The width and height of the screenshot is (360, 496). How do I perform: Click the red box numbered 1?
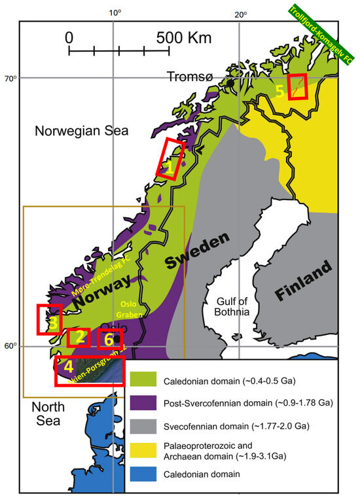[x=171, y=158]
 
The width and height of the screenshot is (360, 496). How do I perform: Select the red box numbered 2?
[x=79, y=338]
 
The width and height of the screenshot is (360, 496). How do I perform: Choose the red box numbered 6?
[x=109, y=340]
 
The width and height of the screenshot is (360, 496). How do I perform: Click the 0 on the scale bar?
[x=70, y=38]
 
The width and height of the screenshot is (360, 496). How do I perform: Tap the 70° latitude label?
[x=11, y=79]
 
